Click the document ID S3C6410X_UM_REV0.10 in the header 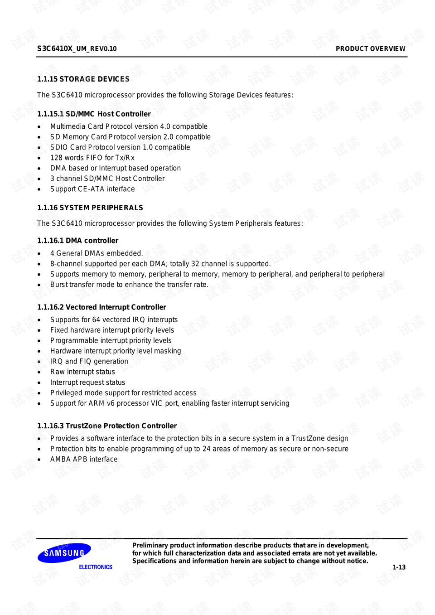tap(77, 48)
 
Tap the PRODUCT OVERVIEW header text tap(370, 48)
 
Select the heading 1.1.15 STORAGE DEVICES tap(83, 79)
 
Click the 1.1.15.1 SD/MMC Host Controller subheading tap(94, 114)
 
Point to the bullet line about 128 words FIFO tap(92, 158)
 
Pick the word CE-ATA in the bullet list tap(91, 189)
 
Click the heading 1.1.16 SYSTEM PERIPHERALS tap(90, 208)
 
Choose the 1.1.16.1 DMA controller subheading tap(77, 241)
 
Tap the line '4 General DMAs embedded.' tap(97, 253)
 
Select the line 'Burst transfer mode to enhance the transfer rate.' tap(129, 285)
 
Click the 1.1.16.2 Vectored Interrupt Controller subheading tap(101, 307)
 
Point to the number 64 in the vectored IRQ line tap(96, 320)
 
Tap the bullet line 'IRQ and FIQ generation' tap(89, 361)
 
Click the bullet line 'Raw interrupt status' tap(82, 372)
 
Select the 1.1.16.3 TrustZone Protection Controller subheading tap(107, 426)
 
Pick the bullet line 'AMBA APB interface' tap(84, 459)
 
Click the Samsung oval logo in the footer tap(64, 553)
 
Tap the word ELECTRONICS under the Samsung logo tap(96, 567)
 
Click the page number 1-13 tap(399, 567)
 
